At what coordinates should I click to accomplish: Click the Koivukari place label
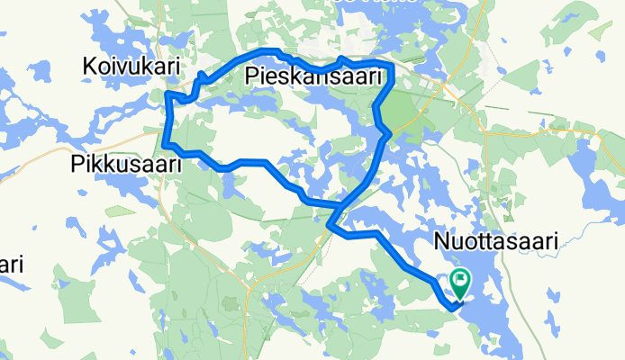click(x=131, y=66)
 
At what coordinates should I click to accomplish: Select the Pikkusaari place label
click(x=126, y=165)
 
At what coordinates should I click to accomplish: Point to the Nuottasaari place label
click(x=496, y=240)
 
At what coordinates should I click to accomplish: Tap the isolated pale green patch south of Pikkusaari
click(x=120, y=211)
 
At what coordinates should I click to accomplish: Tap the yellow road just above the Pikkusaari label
click(x=135, y=144)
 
